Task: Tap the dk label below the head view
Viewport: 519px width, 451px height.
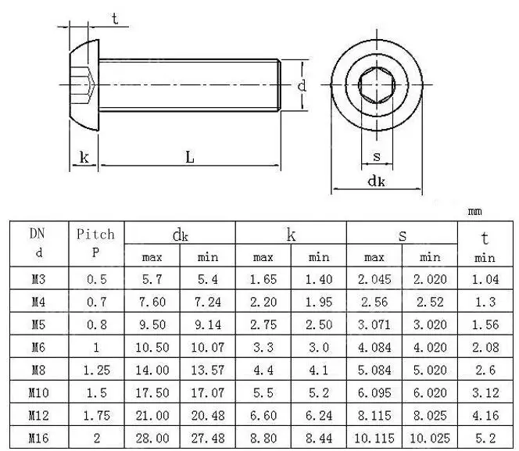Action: tap(376, 181)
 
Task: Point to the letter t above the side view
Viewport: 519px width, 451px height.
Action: tap(115, 19)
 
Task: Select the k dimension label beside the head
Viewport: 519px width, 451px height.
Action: tap(84, 157)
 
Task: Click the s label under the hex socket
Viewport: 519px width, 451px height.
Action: tap(377, 156)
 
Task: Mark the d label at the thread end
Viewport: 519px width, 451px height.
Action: tap(302, 86)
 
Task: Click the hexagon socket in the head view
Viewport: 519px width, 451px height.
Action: tap(377, 85)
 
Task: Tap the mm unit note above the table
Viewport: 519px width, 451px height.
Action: tap(475, 212)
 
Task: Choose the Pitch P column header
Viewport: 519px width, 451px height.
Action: tap(95, 243)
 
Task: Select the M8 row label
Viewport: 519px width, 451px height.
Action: tap(39, 370)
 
